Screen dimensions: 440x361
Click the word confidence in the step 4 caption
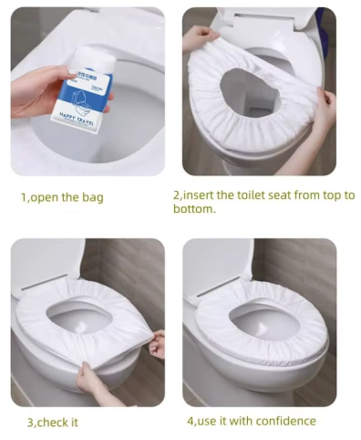coord(285,421)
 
